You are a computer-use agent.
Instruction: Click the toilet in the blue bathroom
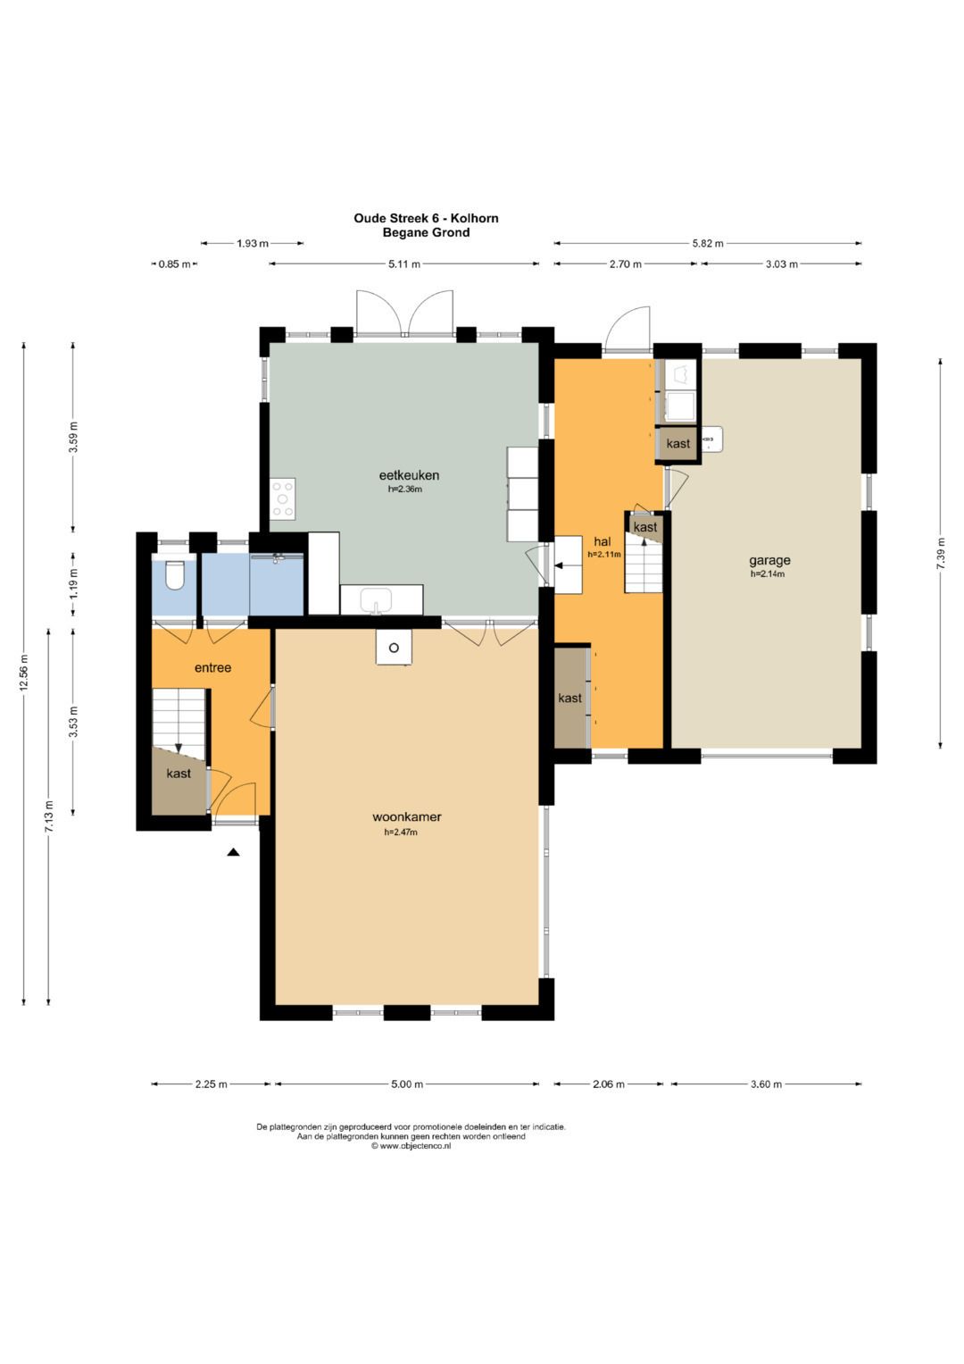175,575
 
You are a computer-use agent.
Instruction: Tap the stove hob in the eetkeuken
283,498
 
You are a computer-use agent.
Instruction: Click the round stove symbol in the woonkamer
394,648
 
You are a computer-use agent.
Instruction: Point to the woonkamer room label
406,817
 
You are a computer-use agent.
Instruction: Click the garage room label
769,560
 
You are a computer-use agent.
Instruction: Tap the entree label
213,667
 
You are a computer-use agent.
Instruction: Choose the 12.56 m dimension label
24,673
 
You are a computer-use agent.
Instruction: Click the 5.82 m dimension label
708,244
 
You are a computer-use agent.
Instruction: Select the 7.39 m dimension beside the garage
942,554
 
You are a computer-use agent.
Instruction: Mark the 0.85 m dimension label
175,264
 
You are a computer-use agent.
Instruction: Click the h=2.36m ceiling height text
405,489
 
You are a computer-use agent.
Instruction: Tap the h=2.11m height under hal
604,554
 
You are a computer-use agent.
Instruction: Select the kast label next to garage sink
678,443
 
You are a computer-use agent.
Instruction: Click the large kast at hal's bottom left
570,698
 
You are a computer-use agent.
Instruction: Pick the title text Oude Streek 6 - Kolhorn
426,218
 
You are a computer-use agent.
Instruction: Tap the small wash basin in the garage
711,439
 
